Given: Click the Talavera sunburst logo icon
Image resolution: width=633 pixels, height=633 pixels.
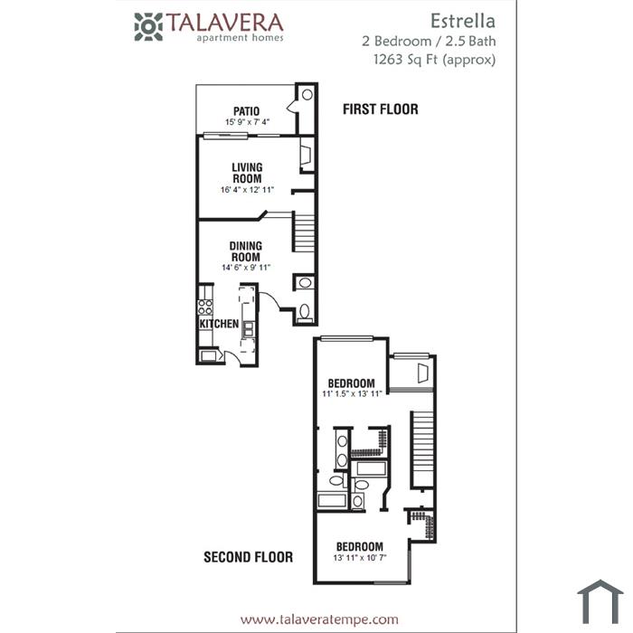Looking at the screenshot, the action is (148, 27).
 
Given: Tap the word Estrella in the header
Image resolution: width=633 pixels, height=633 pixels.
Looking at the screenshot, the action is (463, 21).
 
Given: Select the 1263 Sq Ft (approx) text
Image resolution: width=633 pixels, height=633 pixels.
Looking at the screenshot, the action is (434, 60).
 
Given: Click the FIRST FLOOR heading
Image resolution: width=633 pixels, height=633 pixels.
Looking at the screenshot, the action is (381, 109).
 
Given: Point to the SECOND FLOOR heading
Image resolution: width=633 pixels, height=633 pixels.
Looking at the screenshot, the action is (249, 557).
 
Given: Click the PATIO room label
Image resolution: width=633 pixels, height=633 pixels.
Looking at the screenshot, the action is (246, 111).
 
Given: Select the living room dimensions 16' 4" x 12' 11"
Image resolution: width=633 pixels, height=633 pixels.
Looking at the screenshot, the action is (247, 190).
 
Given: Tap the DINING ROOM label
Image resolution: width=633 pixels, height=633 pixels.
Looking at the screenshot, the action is (245, 251).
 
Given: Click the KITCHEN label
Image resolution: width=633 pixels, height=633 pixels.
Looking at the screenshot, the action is (219, 324).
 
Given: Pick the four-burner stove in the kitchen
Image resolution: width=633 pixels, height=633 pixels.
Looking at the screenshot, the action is (205, 307).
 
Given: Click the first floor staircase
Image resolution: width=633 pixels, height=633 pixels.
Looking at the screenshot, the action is (303, 233).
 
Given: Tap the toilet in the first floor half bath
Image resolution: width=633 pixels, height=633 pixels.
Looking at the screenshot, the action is (305, 313).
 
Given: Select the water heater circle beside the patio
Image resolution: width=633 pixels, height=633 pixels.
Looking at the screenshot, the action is (307, 94).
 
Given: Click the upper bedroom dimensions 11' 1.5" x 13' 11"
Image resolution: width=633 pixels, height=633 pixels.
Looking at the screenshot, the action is (352, 393).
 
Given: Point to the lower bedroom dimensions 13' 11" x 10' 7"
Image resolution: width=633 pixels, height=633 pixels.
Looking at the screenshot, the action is (360, 558).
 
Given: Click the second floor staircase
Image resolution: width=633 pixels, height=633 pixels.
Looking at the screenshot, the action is (422, 449).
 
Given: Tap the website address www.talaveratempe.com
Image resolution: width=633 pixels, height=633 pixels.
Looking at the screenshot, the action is (319, 619).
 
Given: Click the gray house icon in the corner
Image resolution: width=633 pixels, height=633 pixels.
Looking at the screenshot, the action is (600, 601).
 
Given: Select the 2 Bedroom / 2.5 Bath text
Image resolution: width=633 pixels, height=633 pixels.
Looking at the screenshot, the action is (429, 42).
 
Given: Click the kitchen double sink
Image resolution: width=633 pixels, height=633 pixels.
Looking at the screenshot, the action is (249, 329).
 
